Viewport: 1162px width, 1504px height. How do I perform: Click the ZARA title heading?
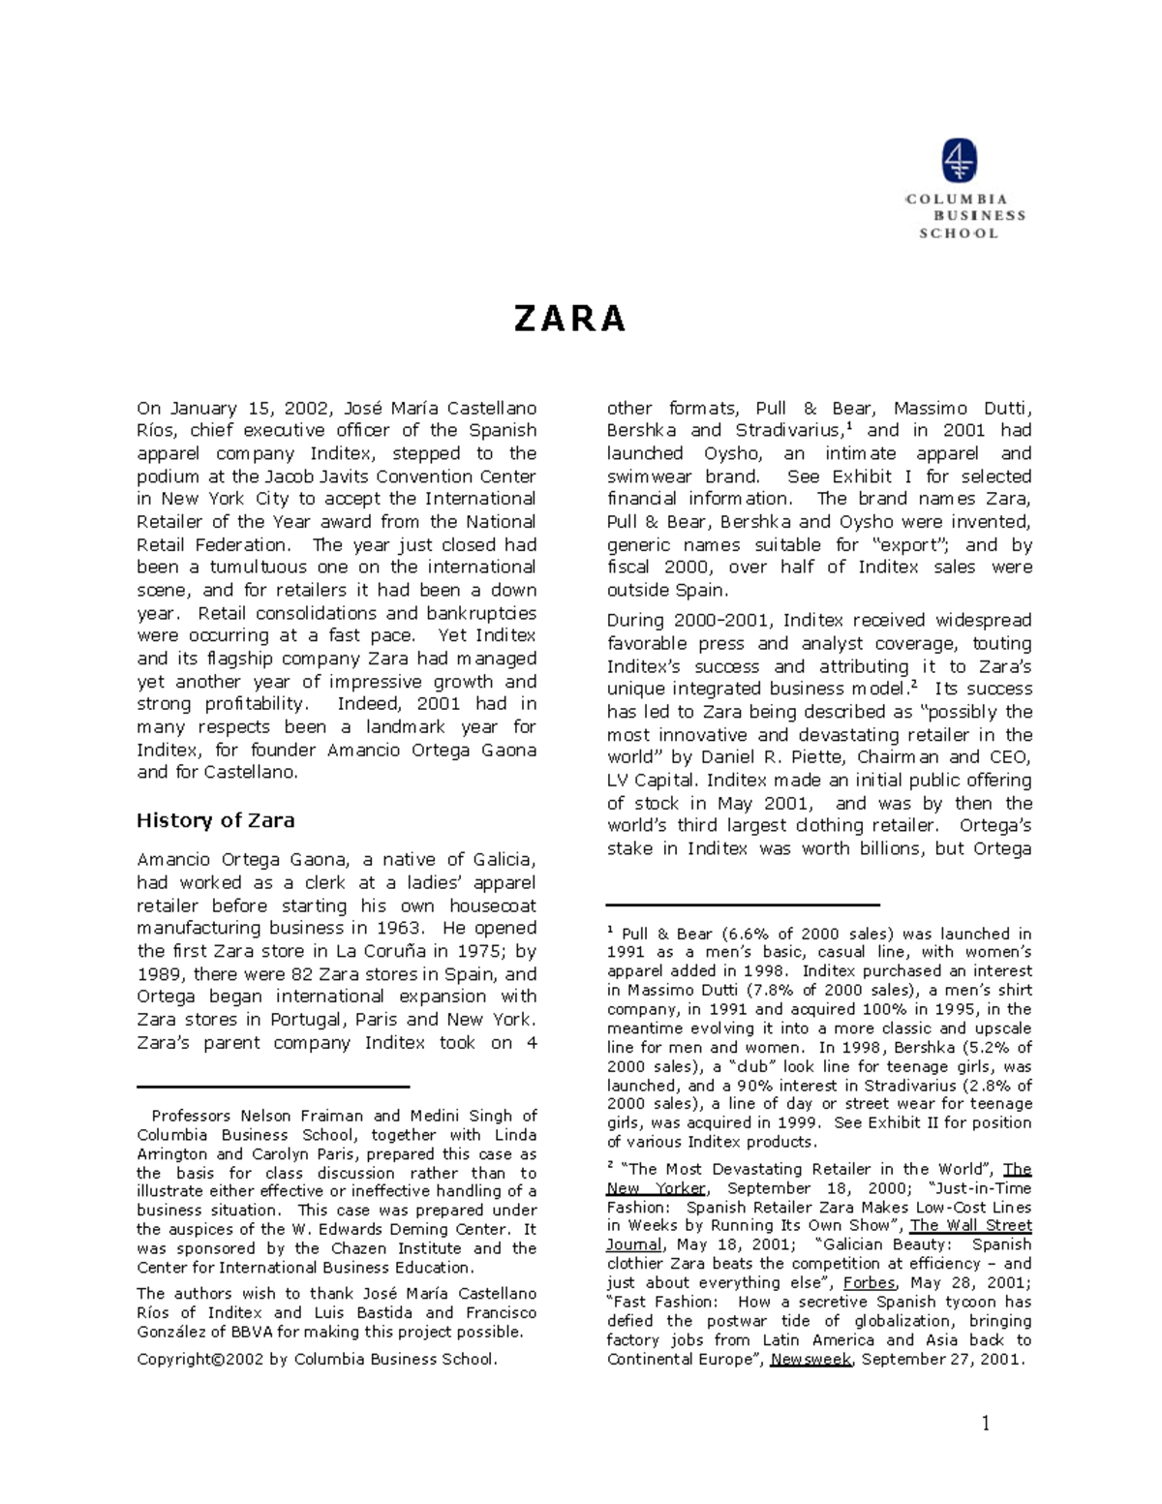pyautogui.click(x=569, y=319)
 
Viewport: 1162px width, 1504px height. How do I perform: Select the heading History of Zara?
pyautogui.click(x=215, y=820)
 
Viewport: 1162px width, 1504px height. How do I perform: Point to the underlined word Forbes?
pyautogui.click(x=869, y=1282)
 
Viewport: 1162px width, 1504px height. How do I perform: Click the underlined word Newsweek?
pyautogui.click(x=810, y=1359)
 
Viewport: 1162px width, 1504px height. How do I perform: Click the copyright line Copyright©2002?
pyautogui.click(x=317, y=1359)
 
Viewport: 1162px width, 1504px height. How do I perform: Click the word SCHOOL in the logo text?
pyautogui.click(x=958, y=233)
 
